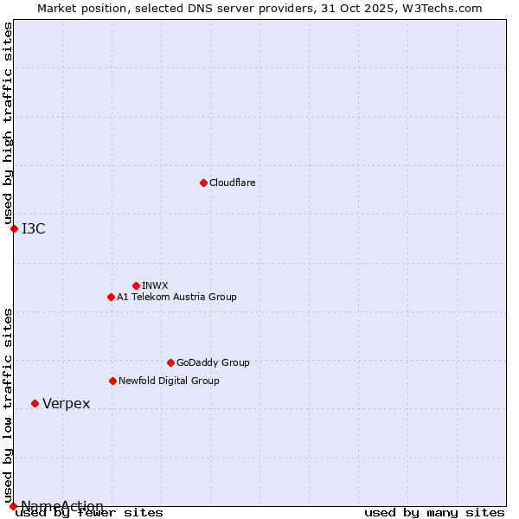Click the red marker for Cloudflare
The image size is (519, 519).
(x=203, y=183)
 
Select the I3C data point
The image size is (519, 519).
(x=14, y=228)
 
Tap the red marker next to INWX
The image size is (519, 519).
(x=136, y=285)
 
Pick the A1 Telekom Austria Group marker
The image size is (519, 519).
(x=111, y=297)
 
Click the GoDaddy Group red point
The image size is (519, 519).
(x=170, y=362)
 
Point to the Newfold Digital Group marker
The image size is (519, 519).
(x=112, y=381)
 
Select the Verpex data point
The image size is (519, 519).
(x=35, y=403)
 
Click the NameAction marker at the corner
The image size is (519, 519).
(x=13, y=506)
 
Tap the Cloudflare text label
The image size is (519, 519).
(x=232, y=183)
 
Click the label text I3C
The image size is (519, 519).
(x=34, y=228)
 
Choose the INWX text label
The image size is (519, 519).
(x=155, y=285)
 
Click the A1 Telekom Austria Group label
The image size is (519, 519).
(x=176, y=297)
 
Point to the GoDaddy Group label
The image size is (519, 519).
(x=213, y=362)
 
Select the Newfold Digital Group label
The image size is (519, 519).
(x=169, y=381)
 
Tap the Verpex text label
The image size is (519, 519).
(x=66, y=404)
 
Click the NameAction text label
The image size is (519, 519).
(x=62, y=506)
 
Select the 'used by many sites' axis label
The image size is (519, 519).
(x=434, y=512)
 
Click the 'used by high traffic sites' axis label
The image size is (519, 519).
(x=8, y=124)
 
